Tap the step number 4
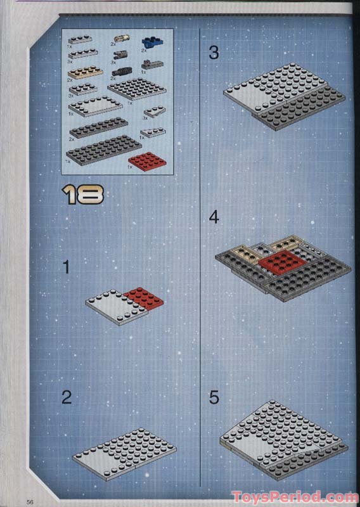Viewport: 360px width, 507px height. click(x=214, y=217)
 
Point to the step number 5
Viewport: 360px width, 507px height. click(x=214, y=397)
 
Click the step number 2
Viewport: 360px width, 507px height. click(x=67, y=397)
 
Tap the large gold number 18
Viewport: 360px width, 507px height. click(x=83, y=195)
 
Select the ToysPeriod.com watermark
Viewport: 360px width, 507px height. click(x=295, y=496)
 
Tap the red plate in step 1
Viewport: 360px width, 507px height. click(x=144, y=297)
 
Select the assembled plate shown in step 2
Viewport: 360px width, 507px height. click(x=124, y=452)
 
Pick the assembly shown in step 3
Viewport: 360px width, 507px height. click(x=283, y=96)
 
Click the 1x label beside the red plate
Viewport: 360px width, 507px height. click(x=130, y=167)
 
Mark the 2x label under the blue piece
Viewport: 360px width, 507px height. click(x=144, y=50)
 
